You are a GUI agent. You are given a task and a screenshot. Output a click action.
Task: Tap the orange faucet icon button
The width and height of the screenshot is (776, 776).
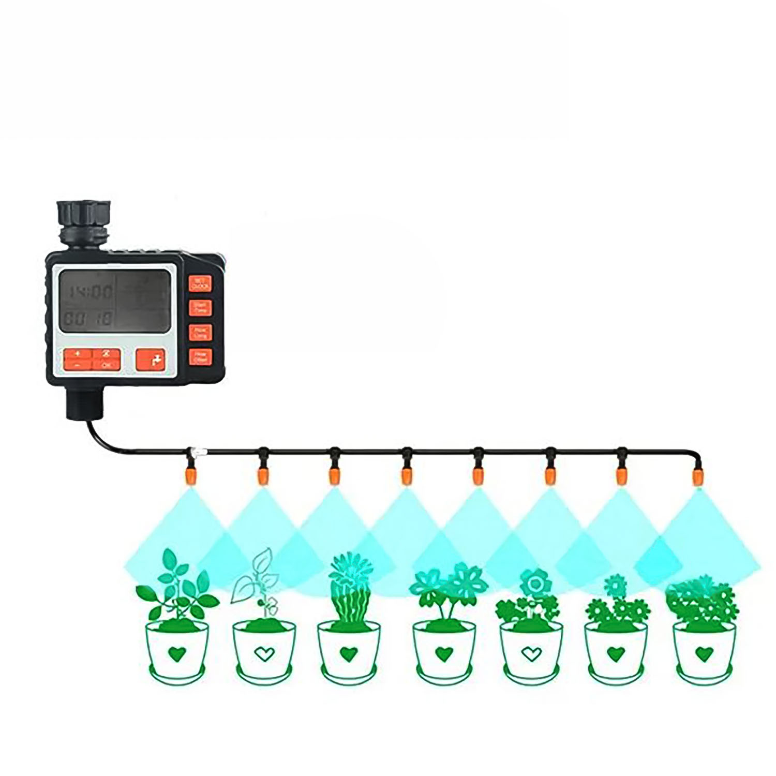coord(151,359)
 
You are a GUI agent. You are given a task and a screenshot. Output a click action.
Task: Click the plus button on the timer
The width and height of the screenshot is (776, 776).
coord(78,354)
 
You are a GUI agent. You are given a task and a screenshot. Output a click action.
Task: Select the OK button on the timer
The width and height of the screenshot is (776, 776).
coord(107,365)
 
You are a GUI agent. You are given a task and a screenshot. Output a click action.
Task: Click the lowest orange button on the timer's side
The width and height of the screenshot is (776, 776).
coord(200,356)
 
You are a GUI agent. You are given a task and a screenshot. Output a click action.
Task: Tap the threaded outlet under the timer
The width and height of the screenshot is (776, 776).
coord(85,400)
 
